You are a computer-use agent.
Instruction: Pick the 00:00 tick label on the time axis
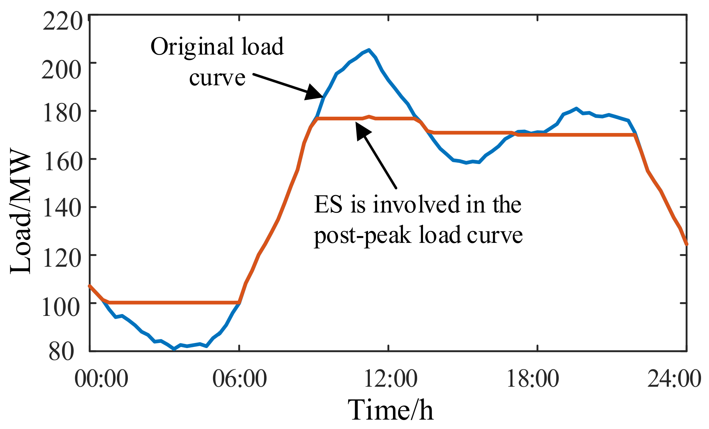pos(101,379)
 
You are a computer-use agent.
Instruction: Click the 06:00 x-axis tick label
pos(239,379)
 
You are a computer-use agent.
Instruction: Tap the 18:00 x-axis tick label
pos(533,379)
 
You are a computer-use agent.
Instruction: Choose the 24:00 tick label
pos(674,379)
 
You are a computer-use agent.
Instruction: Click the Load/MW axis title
pos(21,213)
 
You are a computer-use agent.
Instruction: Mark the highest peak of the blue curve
pos(368,50)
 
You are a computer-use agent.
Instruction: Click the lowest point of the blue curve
pos(174,349)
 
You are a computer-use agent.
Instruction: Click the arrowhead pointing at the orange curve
pos(362,131)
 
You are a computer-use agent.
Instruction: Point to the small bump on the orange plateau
pos(369,116)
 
